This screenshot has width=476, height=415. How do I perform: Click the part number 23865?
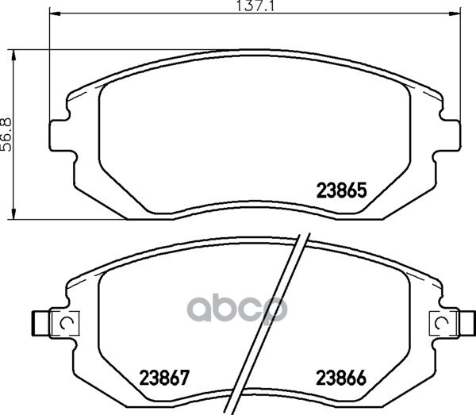tap(342, 190)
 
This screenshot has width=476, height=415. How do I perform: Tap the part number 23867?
tap(164, 378)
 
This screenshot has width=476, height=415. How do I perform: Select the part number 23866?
tap(341, 378)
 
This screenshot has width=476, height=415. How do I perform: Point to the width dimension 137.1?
tap(255, 6)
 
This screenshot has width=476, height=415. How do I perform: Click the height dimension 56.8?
tap(6, 134)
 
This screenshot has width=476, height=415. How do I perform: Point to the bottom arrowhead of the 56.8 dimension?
tap(13, 213)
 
